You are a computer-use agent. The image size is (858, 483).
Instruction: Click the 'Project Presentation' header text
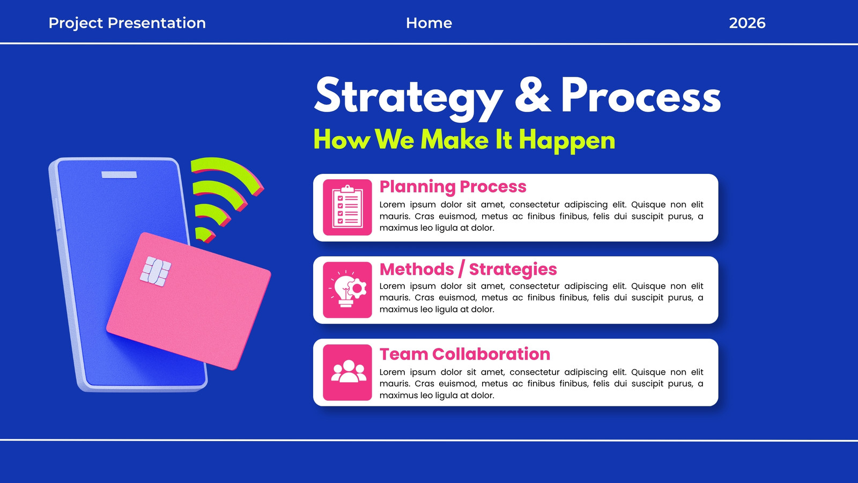pyautogui.click(x=127, y=24)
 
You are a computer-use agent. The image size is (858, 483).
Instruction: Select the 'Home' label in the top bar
pyautogui.click(x=429, y=23)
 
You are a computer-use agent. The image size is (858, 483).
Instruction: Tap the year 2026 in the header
pyautogui.click(x=747, y=23)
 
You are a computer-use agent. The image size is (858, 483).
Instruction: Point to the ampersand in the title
pyautogui.click(x=532, y=94)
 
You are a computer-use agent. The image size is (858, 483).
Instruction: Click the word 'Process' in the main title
pyautogui.click(x=641, y=95)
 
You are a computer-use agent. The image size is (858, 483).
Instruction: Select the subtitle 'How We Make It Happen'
pyautogui.click(x=464, y=140)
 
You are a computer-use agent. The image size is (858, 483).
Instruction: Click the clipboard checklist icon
pyautogui.click(x=347, y=207)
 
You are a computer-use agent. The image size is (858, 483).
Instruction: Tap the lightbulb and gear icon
pyautogui.click(x=347, y=290)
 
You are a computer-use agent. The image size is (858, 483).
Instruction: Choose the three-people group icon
pyautogui.click(x=347, y=372)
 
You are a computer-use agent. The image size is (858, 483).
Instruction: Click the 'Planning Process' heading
pyautogui.click(x=453, y=187)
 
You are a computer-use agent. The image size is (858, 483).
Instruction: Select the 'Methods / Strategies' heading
pyautogui.click(x=468, y=269)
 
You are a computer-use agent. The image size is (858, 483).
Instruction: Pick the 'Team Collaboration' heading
pyautogui.click(x=464, y=354)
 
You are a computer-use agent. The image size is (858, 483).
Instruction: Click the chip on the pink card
pyautogui.click(x=155, y=272)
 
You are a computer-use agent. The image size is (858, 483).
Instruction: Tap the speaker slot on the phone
pyautogui.click(x=119, y=175)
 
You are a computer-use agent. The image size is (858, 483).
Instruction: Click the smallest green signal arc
pyautogui.click(x=204, y=234)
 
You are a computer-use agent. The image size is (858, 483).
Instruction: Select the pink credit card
pyautogui.click(x=188, y=301)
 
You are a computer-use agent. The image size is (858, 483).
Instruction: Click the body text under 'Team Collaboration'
pyautogui.click(x=541, y=383)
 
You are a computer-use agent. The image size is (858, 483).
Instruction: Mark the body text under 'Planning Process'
pyautogui.click(x=541, y=216)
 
